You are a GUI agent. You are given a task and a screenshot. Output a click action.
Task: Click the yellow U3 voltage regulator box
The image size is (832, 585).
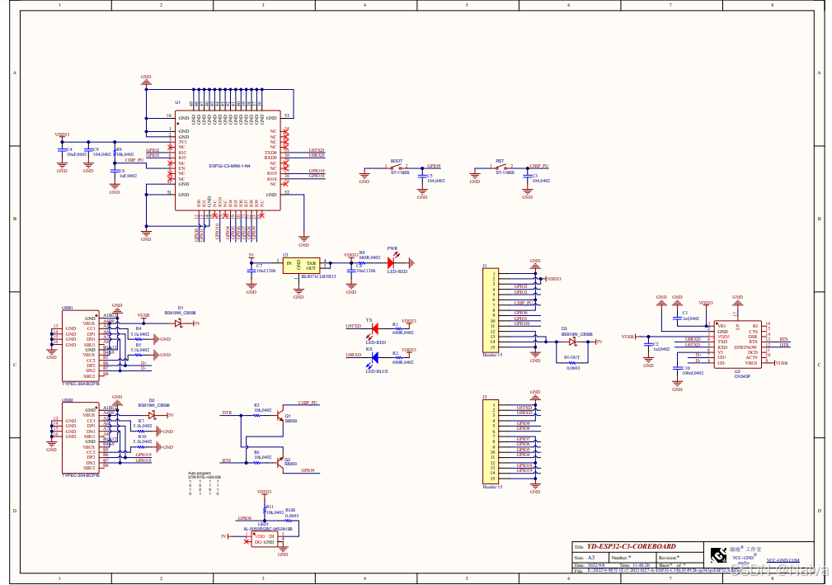point(299,266)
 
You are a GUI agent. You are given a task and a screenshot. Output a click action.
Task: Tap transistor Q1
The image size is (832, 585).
point(280,415)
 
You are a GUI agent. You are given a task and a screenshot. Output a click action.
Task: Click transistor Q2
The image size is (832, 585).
point(280,459)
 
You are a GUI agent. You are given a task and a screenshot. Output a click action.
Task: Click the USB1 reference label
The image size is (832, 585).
point(68,307)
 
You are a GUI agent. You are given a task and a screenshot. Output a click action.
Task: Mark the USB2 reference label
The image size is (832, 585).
point(68,399)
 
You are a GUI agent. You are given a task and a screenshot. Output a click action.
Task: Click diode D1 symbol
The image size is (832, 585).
point(177,323)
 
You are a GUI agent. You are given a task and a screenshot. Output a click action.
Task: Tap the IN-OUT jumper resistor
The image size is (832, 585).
point(571,362)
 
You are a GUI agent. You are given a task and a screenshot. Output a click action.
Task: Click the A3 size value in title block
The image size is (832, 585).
point(590,558)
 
